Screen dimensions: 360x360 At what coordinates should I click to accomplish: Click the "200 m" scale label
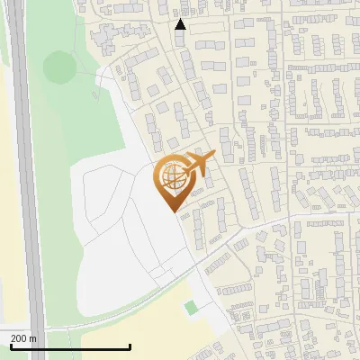[24, 338]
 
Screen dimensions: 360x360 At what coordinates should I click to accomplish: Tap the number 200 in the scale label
[20, 338]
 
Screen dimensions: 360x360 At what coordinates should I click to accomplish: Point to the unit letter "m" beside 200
[33, 338]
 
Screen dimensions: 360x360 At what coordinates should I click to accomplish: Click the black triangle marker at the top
[181, 25]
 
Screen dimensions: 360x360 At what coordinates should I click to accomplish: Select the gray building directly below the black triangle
[180, 40]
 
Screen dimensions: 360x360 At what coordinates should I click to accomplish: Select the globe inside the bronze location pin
[172, 177]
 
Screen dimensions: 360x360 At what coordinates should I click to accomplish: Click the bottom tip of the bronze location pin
[172, 211]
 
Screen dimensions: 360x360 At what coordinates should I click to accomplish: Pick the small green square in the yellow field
[191, 308]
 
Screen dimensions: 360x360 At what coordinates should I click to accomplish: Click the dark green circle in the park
[59, 67]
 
